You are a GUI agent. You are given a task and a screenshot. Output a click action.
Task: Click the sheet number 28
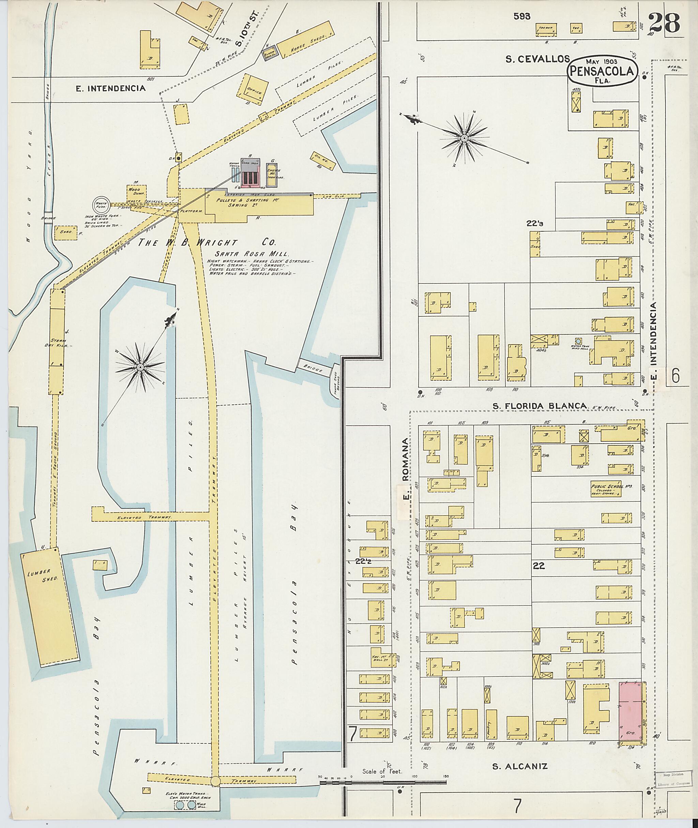(664, 22)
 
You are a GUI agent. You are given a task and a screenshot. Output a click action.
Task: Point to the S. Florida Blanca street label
(540, 406)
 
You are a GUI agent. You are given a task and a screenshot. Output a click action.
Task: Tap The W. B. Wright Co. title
(207, 243)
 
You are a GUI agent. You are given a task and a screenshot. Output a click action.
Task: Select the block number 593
(521, 16)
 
